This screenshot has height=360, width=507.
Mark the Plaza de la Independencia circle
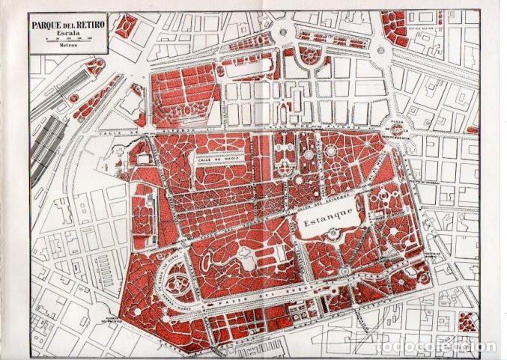click(x=395, y=129)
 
